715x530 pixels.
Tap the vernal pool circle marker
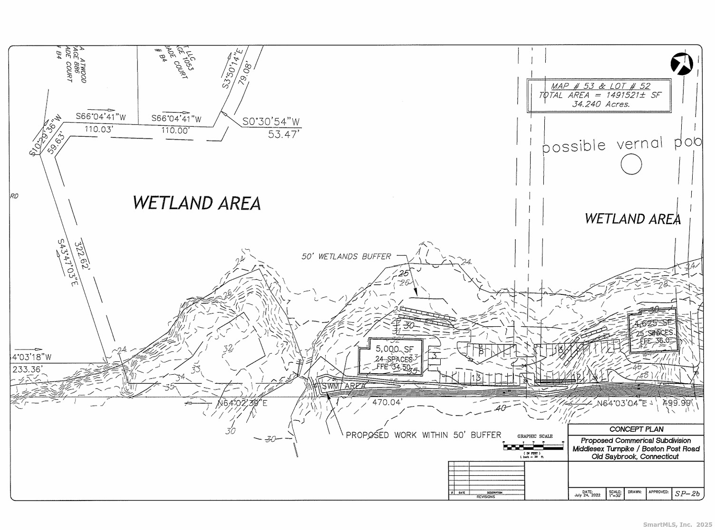click(x=631, y=164)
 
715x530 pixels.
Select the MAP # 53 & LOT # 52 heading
click(x=600, y=86)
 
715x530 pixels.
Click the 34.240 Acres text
click(x=601, y=104)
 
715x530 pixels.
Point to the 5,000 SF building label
click(x=395, y=349)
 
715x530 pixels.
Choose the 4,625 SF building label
click(x=652, y=323)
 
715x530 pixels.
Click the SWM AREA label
click(x=344, y=386)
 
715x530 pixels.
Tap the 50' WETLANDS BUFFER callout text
click(x=346, y=256)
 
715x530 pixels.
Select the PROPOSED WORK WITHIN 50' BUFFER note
click(x=423, y=435)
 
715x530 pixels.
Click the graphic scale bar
click(x=533, y=446)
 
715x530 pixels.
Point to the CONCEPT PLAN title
click(x=636, y=429)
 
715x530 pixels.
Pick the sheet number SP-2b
click(x=687, y=493)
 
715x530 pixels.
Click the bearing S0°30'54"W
click(x=271, y=122)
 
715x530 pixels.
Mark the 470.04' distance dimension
click(x=387, y=403)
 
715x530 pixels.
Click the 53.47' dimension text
click(x=283, y=134)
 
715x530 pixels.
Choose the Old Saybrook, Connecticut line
click(x=635, y=456)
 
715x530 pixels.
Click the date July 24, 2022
click(x=587, y=494)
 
